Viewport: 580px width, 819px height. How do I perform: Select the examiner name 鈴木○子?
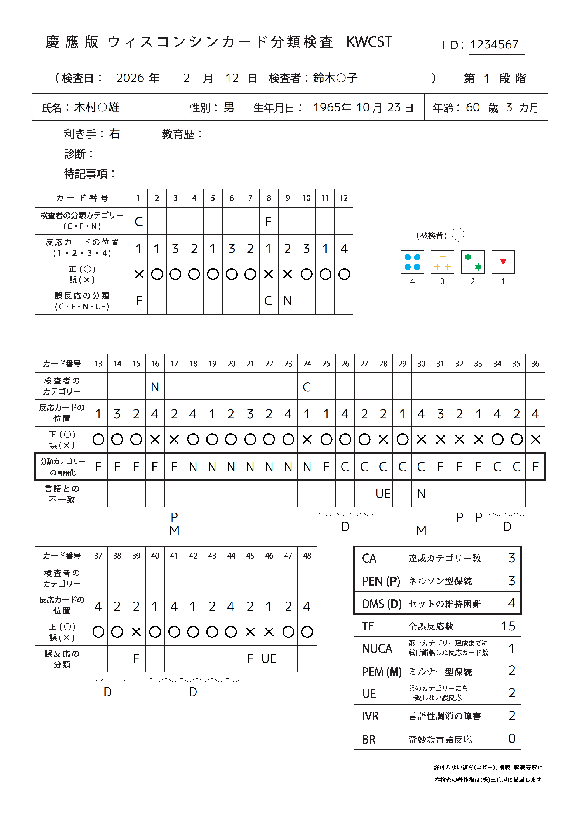pos(335,78)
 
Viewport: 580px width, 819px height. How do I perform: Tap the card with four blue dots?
pos(412,262)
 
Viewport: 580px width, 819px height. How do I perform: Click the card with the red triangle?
pos(503,262)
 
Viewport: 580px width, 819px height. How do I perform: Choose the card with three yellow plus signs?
pos(443,262)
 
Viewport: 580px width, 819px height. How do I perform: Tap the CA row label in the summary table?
pos(369,558)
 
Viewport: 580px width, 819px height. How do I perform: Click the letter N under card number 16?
pos(155,387)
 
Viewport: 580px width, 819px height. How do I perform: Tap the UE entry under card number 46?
pos(269,658)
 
